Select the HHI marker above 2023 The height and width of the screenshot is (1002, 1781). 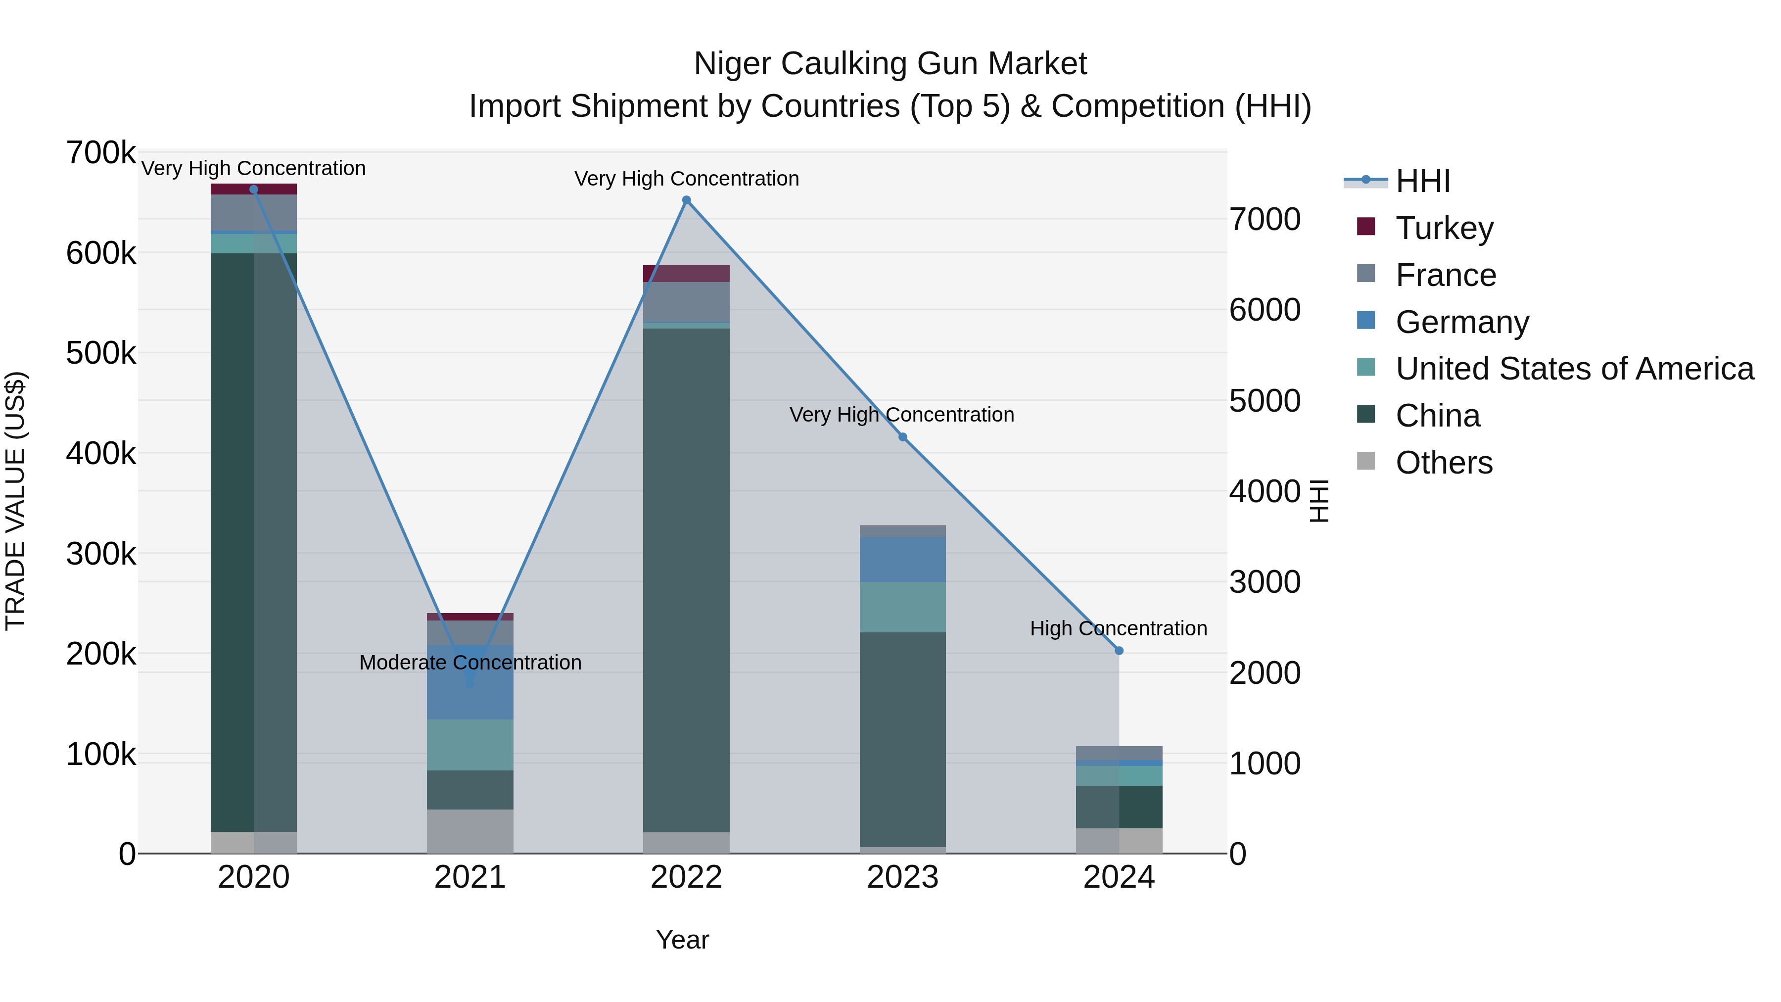(902, 437)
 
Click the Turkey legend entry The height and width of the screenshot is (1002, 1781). (1444, 228)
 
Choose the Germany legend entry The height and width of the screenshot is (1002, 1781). (1461, 322)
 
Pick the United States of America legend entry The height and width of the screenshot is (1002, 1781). (1574, 369)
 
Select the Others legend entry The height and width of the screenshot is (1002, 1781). (1444, 463)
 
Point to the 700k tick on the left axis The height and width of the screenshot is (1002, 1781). (101, 153)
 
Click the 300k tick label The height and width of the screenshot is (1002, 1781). (101, 554)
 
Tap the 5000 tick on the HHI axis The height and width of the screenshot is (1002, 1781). (1265, 401)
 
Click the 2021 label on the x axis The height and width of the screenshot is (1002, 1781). (469, 877)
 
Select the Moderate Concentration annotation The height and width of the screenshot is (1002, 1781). (470, 663)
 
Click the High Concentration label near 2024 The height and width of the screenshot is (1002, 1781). (1118, 628)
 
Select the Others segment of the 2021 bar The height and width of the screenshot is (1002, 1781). (469, 831)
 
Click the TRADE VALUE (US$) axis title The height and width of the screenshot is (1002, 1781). (15, 501)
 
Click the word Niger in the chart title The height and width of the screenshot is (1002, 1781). (732, 64)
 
